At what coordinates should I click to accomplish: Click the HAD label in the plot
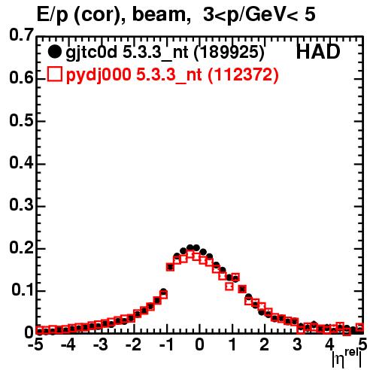pos(318,52)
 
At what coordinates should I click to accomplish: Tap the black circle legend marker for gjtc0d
pos(54,52)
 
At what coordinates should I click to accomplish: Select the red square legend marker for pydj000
pos(54,74)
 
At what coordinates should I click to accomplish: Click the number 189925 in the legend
pos(229,52)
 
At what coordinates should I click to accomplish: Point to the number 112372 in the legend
pos(243,74)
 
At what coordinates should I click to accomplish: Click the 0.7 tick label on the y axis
pos(21,35)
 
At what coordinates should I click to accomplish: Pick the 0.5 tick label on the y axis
pos(21,120)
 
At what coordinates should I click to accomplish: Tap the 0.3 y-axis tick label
pos(21,205)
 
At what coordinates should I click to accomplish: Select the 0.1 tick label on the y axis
pos(23,290)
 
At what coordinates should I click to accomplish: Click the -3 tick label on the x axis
pos(100,344)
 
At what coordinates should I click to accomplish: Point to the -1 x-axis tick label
pos(166,344)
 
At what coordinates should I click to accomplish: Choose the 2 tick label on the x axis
pos(264,344)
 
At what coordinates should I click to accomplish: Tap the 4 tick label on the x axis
pos(329,344)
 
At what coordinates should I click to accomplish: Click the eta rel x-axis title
pos(347,359)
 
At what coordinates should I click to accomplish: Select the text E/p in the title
pos(52,16)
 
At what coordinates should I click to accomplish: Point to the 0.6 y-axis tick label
pos(21,78)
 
